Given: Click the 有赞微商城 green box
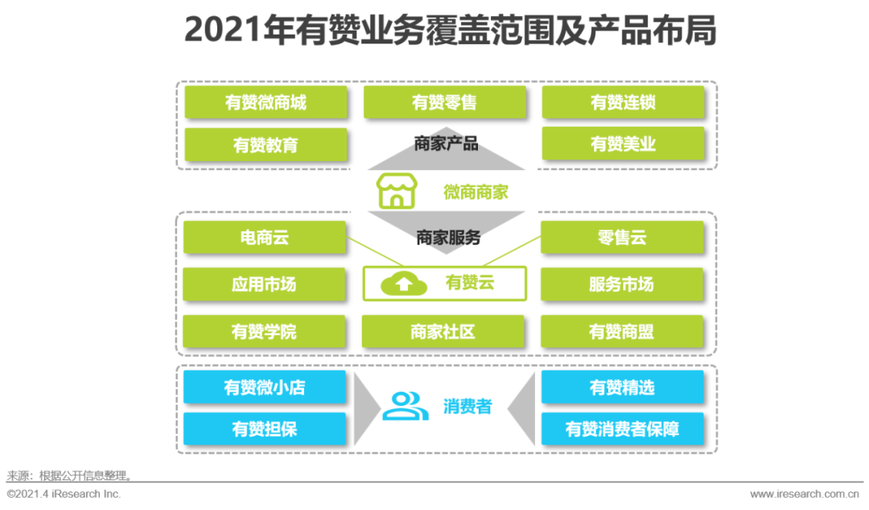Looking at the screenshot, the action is [x=266, y=102].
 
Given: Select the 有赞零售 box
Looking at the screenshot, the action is [x=444, y=102].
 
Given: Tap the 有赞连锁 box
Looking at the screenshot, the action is [x=623, y=102].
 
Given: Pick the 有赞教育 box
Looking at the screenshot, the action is [x=266, y=145].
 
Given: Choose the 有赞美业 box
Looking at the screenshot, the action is [x=623, y=144].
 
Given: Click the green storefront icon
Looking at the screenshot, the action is [x=397, y=191].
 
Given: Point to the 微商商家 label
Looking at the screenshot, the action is [x=476, y=193].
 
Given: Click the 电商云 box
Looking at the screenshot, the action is [x=265, y=238].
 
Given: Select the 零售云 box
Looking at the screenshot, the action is [x=622, y=238].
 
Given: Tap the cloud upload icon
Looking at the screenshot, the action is [x=403, y=284].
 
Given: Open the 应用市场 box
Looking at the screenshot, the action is [x=264, y=284].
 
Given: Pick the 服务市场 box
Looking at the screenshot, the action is [x=622, y=284].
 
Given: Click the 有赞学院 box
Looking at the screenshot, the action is [x=264, y=331].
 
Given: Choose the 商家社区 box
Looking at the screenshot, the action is [x=443, y=331].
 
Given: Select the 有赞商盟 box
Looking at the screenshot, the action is [x=622, y=331].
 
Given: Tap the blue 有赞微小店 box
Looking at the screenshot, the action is [x=265, y=387].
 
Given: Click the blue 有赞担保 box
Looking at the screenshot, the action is [x=265, y=429].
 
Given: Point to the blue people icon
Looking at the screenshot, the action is [x=405, y=406].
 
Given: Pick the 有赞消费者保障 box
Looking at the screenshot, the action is [x=622, y=429].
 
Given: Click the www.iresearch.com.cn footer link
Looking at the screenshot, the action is [x=804, y=494].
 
